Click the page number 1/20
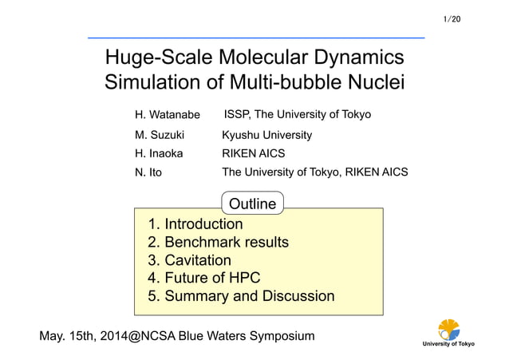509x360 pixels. (451, 18)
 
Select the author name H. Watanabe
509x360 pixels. (168, 116)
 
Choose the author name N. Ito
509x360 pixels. (148, 172)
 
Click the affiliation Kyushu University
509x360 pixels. (266, 136)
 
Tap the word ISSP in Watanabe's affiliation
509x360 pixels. (237, 115)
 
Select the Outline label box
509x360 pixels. (252, 204)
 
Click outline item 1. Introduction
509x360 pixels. (195, 224)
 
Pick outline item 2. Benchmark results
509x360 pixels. (218, 242)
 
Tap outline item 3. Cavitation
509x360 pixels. (189, 260)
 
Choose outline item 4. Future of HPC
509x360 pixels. (203, 278)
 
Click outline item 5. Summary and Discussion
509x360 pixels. (241, 296)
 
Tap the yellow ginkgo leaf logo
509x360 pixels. (448, 328)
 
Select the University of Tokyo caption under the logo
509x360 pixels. (448, 344)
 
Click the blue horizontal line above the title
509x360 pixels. (255, 38)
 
